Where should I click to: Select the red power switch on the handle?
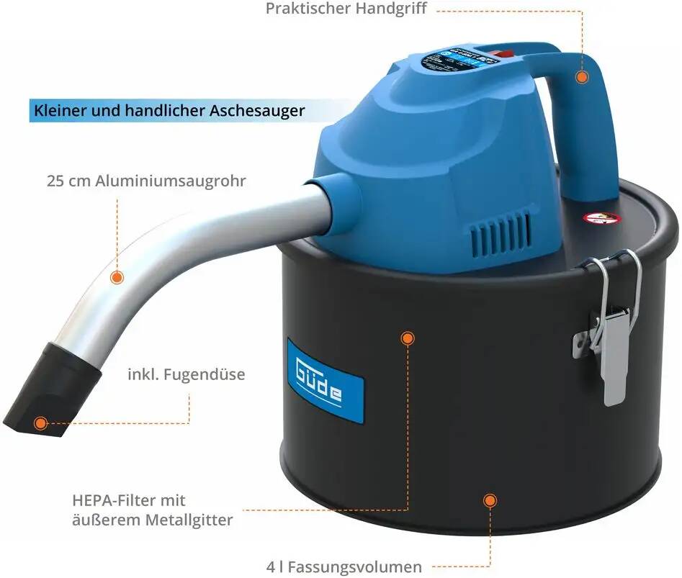[x=502, y=52]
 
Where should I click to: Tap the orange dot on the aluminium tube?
[x=116, y=276]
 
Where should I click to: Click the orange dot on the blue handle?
[x=581, y=76]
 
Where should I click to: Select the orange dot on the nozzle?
[x=40, y=423]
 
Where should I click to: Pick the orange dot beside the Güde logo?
[x=407, y=337]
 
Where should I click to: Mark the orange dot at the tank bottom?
[x=490, y=500]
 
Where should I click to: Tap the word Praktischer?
[x=306, y=9]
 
